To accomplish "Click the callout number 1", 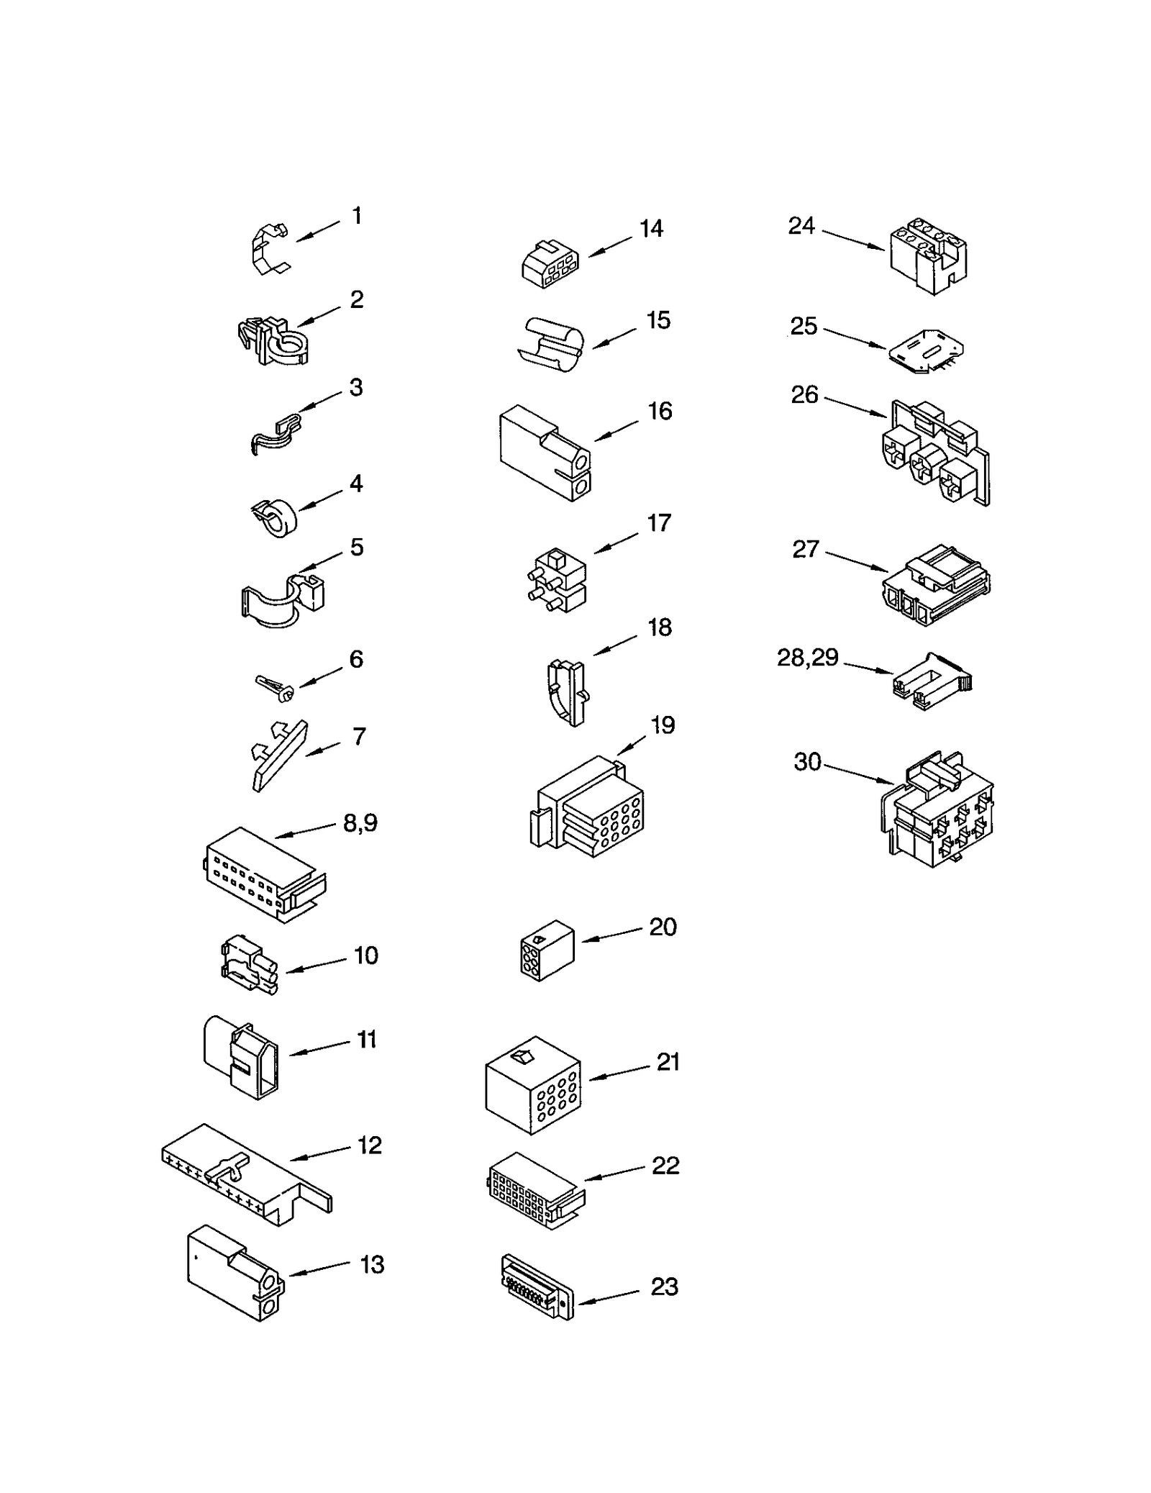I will click(x=357, y=216).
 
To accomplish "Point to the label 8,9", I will click(x=360, y=822).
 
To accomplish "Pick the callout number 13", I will click(x=372, y=1265).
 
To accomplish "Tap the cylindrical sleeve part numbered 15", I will click(x=551, y=344).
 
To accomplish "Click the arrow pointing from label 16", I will click(x=616, y=430).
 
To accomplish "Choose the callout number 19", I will click(x=663, y=725).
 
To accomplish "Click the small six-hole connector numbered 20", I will click(x=547, y=950).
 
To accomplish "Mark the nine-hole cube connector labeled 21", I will click(x=533, y=1085).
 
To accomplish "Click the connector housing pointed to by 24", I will click(x=928, y=259).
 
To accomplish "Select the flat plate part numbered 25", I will click(x=926, y=351).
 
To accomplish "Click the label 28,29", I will click(x=808, y=657).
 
